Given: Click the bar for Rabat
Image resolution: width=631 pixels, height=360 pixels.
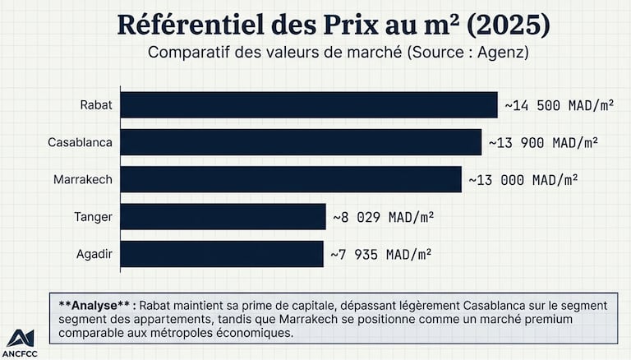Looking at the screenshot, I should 309,104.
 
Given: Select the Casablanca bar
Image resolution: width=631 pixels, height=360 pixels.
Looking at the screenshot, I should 301,142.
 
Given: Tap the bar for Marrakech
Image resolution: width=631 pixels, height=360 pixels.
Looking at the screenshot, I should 291,179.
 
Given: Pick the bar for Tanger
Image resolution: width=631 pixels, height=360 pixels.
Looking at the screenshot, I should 223,217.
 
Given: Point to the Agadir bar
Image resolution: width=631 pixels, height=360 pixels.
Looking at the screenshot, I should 222,254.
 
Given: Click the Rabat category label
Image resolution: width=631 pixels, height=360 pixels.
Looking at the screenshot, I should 96,105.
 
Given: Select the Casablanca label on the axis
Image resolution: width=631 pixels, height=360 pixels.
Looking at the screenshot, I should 80,142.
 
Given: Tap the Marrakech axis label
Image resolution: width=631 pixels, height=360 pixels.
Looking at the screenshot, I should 83,179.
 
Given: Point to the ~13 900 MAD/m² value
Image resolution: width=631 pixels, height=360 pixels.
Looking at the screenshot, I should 543,142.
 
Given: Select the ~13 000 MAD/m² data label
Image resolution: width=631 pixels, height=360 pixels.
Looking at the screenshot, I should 523,179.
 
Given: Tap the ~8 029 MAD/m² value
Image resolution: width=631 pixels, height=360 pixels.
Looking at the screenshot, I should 383,217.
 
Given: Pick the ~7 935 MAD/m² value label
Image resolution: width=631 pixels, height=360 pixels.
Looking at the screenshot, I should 381,254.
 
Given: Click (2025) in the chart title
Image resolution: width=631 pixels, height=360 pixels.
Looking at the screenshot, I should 507,25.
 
